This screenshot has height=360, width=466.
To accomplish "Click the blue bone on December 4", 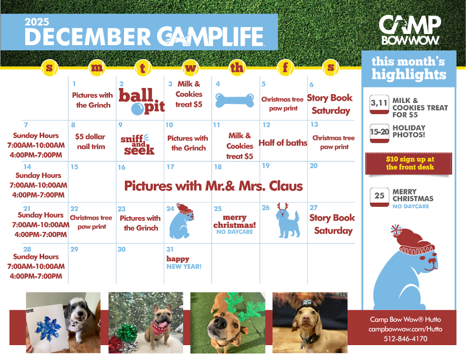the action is pos(235,100).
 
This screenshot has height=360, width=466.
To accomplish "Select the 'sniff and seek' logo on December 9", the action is pos(137,145).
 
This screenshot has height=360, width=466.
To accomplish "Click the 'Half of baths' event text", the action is pos(283,143).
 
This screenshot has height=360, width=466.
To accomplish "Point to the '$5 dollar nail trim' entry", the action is pos(91,141).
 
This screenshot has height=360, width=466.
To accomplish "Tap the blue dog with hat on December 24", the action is pos(182,221).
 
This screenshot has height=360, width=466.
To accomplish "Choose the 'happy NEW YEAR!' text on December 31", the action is pos(184,262).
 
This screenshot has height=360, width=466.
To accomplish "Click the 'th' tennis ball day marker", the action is pos(237,68).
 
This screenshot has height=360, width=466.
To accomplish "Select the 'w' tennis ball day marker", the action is pos(190,68).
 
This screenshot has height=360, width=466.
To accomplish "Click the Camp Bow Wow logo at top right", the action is pos(410,30).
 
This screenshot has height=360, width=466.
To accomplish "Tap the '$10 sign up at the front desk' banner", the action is pos(408,163).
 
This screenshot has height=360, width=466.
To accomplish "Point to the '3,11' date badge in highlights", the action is pos(379,104).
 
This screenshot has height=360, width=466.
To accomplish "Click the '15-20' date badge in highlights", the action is pos(380,133).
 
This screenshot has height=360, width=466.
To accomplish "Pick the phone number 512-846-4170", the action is pos(405,338).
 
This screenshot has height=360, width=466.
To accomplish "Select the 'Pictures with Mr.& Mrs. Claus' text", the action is pos(213,186).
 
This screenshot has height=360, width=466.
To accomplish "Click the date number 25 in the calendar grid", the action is pos(218,209).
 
